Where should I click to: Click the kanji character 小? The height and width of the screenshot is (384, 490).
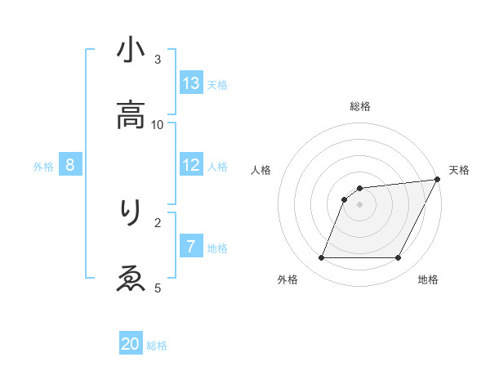(131, 51)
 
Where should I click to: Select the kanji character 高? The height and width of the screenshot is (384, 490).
(131, 116)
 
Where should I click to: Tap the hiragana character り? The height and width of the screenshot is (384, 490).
(131, 212)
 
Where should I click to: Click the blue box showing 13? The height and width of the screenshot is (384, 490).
(191, 83)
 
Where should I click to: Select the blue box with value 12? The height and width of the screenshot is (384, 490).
(191, 165)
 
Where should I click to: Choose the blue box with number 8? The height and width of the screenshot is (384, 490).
(70, 165)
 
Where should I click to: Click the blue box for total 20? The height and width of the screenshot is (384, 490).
(131, 344)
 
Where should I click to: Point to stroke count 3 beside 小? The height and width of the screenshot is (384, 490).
(158, 59)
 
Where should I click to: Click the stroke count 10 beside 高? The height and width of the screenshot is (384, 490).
(158, 124)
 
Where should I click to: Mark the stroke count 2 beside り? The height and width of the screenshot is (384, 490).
(158, 221)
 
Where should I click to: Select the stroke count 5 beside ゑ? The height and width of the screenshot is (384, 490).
(158, 287)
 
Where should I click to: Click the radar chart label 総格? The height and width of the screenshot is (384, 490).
(360, 106)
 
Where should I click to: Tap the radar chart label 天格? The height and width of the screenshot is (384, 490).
(459, 170)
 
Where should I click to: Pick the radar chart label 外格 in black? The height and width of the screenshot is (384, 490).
(287, 280)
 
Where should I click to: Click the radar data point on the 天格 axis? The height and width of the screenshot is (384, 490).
(438, 180)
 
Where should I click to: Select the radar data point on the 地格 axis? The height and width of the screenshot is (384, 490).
(398, 258)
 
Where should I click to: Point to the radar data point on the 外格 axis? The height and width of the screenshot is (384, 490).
(321, 258)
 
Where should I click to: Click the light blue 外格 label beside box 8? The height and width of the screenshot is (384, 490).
(43, 167)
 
